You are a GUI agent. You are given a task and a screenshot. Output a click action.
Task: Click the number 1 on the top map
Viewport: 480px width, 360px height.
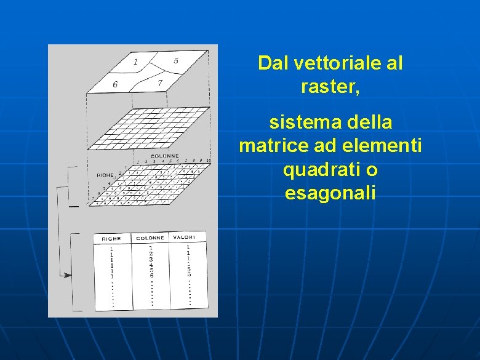(135, 61)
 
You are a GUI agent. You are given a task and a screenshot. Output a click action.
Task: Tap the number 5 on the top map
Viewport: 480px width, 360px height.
(176, 60)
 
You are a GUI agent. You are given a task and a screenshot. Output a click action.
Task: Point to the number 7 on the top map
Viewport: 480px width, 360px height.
(160, 82)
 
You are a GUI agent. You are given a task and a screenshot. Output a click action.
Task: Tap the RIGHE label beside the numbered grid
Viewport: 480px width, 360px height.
(106, 175)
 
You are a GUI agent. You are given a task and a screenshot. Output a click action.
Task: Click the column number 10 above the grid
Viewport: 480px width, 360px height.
(208, 160)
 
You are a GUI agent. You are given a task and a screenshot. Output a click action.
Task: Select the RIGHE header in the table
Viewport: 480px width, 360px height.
(111, 238)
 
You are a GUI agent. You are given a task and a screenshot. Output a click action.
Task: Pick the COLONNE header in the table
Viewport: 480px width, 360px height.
(150, 238)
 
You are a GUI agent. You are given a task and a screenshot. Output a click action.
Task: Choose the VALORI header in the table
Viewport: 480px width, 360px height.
(184, 237)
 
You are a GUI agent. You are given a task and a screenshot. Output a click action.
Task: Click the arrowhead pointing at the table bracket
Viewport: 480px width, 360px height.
(68, 275)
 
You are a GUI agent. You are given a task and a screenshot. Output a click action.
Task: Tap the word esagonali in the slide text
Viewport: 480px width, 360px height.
(330, 193)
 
